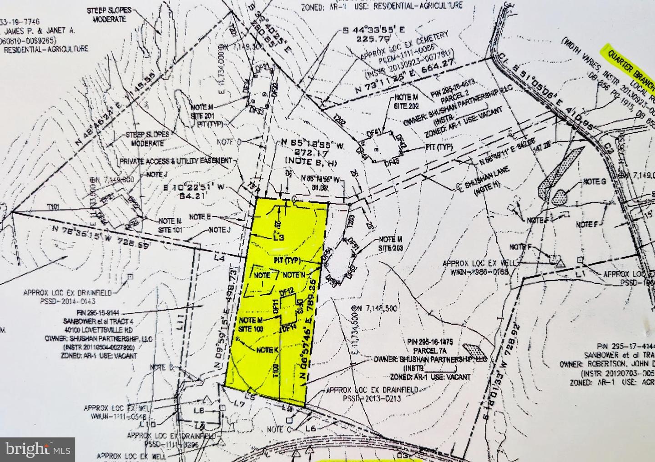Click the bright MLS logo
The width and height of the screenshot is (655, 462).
point(38,449)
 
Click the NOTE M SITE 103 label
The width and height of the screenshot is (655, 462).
point(251,324)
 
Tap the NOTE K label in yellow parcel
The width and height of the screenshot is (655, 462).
point(267,350)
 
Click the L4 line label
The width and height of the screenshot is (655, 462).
point(220,258)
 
